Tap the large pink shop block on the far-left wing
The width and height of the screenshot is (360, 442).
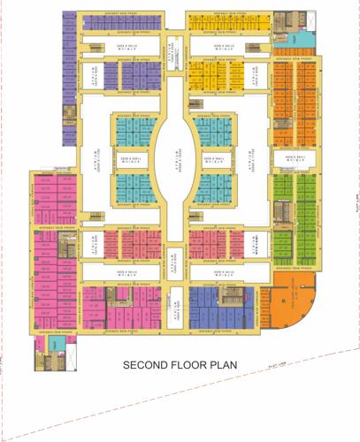53,265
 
